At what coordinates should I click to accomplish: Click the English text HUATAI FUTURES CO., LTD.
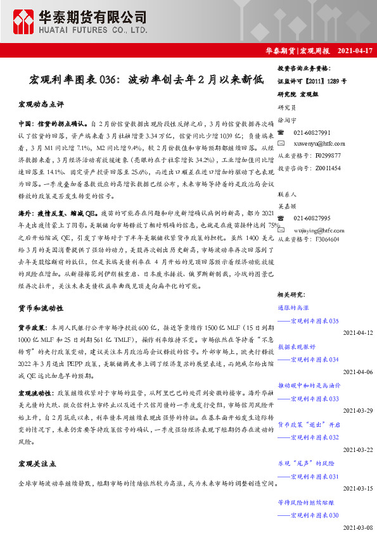pos(89,30)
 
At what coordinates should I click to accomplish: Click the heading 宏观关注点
pos(37,464)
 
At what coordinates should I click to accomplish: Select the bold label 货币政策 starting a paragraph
pos(31,328)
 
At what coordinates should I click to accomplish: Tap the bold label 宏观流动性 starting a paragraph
pos(34,392)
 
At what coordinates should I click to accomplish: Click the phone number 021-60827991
pos(312,132)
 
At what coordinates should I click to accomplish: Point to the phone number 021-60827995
pos(312,218)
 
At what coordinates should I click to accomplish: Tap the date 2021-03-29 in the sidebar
pos(358,410)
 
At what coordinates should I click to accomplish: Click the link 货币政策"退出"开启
pos(309,424)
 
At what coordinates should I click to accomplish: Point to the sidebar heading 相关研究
pos(291,294)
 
